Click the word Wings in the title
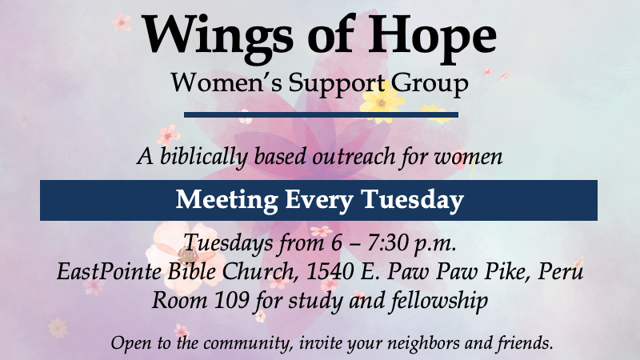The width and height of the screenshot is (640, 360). click(218, 38)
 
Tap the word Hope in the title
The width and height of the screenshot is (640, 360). click(432, 38)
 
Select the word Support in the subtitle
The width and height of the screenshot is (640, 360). click(337, 85)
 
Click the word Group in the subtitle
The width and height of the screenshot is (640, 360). click(430, 85)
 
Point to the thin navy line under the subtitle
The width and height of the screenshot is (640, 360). click(321, 114)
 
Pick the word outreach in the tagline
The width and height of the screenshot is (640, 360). click(354, 157)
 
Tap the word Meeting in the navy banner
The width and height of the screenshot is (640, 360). click(227, 201)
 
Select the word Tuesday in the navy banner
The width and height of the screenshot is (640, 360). click(413, 201)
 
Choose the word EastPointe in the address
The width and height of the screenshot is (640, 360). click(109, 271)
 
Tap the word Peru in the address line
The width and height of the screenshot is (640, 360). click(561, 271)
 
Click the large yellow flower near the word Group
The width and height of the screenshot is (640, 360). click(381, 104)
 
